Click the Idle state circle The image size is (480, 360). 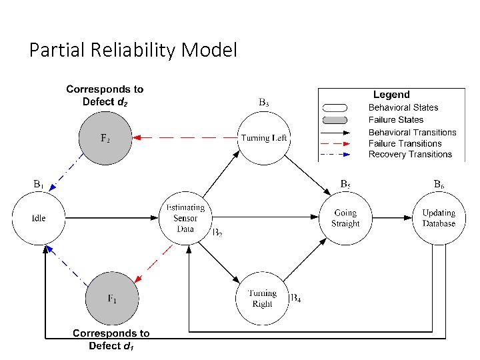(x=39, y=218)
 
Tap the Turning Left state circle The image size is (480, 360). (x=265, y=138)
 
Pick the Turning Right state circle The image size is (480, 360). (x=262, y=299)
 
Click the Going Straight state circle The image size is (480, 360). (x=345, y=218)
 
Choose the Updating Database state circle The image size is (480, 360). (x=439, y=218)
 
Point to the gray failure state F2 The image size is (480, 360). (x=105, y=138)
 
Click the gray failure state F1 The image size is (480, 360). (x=112, y=299)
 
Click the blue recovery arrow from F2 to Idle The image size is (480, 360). (x=69, y=177)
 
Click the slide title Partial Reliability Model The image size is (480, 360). (x=133, y=50)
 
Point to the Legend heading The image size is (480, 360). (x=391, y=95)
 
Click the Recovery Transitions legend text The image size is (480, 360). (x=410, y=155)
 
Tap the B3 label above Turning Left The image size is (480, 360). (x=264, y=103)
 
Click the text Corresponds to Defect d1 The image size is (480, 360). (x=111, y=339)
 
